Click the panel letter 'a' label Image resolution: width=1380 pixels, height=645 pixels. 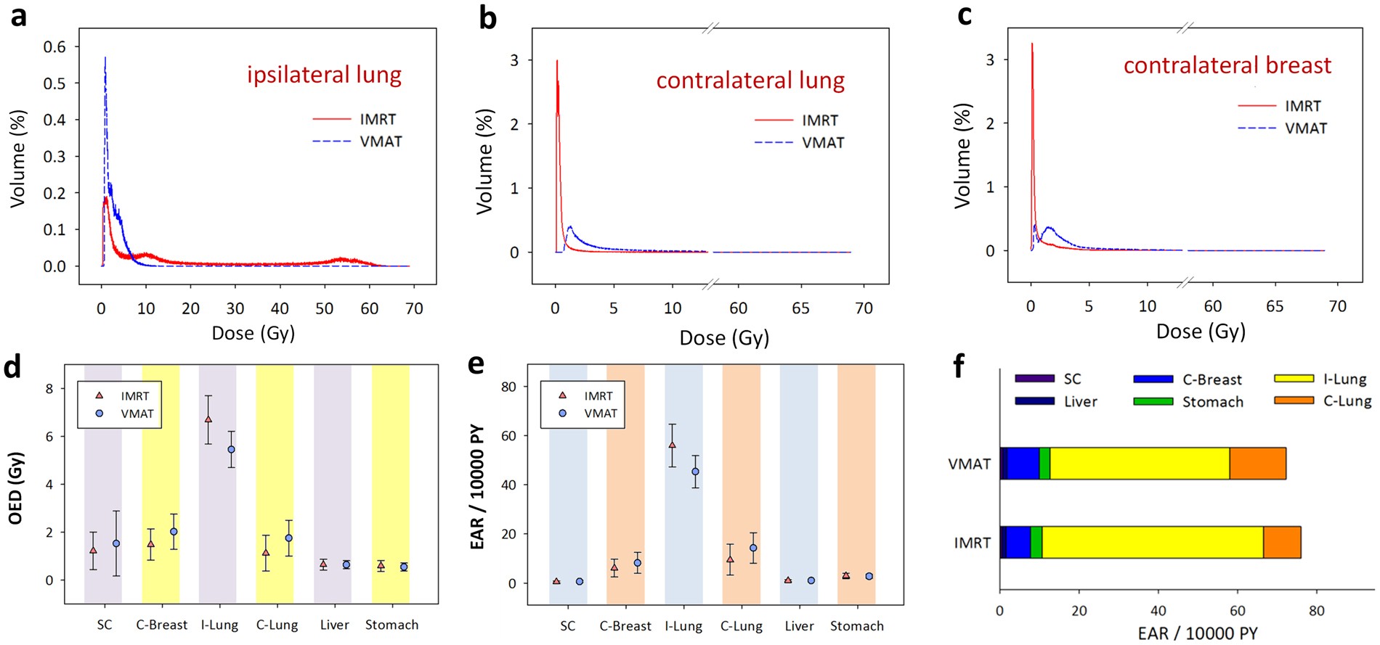click(x=18, y=16)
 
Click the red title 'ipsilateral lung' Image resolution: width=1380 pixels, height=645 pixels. click(x=324, y=75)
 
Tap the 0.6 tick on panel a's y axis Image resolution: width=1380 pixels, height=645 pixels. click(x=54, y=47)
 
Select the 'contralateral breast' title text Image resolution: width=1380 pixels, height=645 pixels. click(x=1227, y=65)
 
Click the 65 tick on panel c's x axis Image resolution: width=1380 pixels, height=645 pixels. click(x=1274, y=307)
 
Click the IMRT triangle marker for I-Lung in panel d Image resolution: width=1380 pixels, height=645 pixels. click(x=208, y=419)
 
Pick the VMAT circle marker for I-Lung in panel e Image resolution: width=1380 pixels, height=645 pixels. click(x=695, y=472)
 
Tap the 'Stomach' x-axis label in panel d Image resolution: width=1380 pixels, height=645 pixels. click(x=391, y=625)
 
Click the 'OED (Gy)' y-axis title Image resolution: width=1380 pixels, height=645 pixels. click(x=15, y=488)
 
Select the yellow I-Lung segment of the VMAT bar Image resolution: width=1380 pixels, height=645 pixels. click(x=1139, y=464)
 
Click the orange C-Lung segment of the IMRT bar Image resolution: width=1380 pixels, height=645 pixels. click(x=1281, y=543)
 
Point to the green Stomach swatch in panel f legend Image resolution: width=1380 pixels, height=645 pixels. click(x=1153, y=401)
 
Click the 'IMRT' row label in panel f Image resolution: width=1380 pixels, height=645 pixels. click(x=972, y=543)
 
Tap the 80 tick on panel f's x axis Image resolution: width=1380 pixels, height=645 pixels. click(x=1316, y=611)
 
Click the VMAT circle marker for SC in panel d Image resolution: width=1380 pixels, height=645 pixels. click(x=116, y=543)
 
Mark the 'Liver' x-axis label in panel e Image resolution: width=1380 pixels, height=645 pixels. click(x=799, y=626)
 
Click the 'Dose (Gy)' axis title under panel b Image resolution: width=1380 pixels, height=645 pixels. click(x=724, y=338)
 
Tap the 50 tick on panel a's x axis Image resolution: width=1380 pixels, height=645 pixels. click(x=324, y=308)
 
